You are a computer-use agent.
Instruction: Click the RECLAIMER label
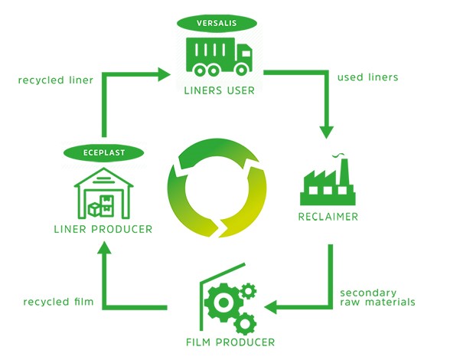click(x=328, y=217)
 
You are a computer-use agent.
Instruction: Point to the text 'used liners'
click(x=367, y=77)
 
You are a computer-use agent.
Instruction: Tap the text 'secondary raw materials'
click(x=377, y=296)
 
